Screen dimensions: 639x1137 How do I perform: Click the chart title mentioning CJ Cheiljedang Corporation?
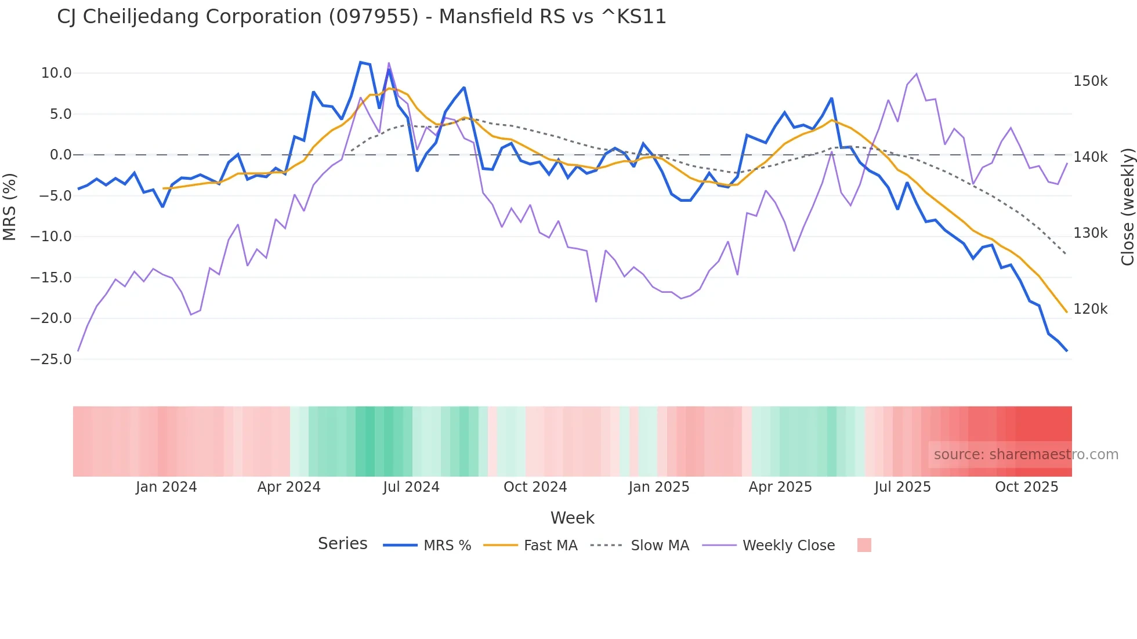[361, 17]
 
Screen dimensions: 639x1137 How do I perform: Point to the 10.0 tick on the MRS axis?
[56, 73]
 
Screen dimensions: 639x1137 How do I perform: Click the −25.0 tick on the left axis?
[51, 360]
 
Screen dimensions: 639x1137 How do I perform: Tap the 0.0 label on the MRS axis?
[60, 155]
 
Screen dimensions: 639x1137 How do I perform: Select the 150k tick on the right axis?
[1090, 81]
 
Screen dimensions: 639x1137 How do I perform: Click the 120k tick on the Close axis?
[1090, 309]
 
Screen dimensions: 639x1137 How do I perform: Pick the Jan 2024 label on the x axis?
[166, 487]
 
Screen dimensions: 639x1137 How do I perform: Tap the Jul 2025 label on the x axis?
[902, 487]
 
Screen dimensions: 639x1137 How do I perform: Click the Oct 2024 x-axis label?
[535, 487]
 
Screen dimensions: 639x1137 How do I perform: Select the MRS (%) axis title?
[10, 206]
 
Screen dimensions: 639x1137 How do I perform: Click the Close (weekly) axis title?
[1127, 207]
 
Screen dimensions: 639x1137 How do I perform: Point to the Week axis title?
[572, 518]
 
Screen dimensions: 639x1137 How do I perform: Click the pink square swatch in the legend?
[864, 545]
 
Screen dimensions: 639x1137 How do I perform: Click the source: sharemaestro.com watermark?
[1026, 455]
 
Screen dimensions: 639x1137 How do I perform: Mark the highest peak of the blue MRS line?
[360, 62]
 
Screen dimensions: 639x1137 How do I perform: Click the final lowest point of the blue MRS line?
[1066, 351]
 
